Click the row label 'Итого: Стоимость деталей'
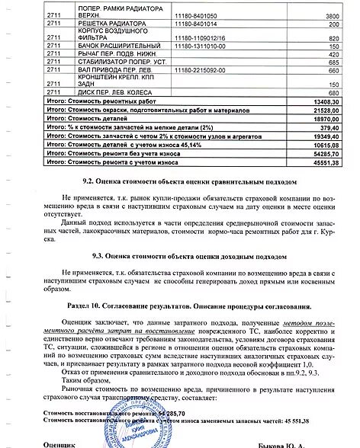87,120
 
